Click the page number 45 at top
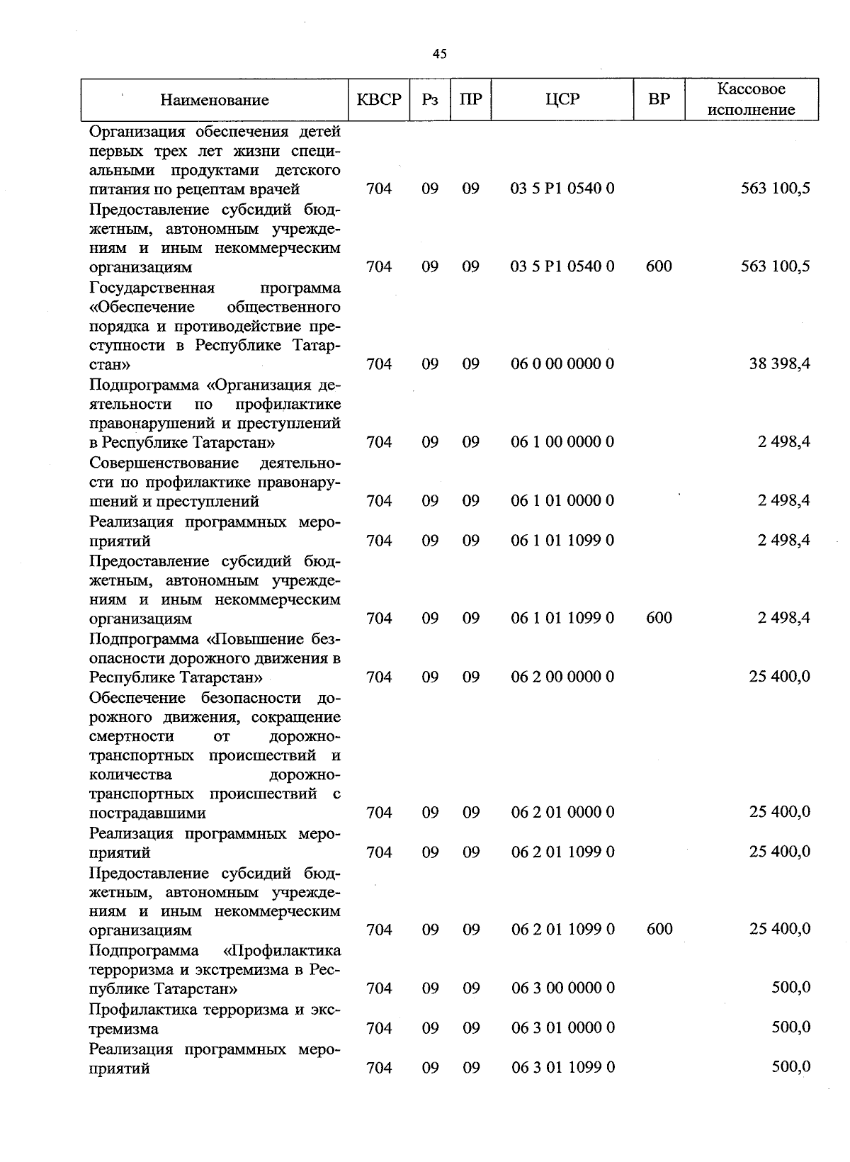point(439,54)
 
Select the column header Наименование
point(215,100)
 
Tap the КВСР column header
point(379,100)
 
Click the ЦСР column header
point(562,100)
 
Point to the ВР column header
point(659,100)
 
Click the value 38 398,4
point(779,364)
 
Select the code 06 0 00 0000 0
point(562,364)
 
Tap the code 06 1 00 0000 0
point(562,442)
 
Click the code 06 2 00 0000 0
point(562,677)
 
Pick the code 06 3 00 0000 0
point(562,988)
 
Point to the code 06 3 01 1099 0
point(562,1067)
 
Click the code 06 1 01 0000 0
point(562,501)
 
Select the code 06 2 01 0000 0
point(562,812)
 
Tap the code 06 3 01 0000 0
point(562,1027)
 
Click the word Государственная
point(152,288)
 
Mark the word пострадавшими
point(148,813)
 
